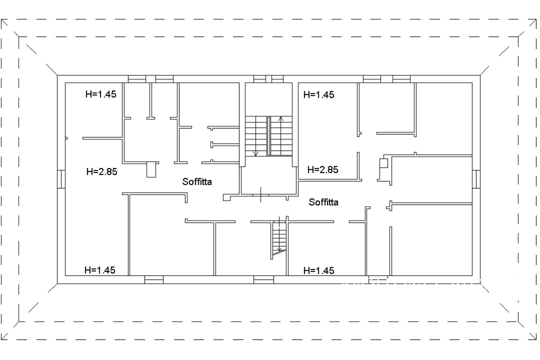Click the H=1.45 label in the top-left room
[x=101, y=94]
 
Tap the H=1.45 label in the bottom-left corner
[x=100, y=270]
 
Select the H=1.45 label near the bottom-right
[x=319, y=270]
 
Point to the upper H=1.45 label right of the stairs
[x=319, y=95]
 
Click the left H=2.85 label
[x=102, y=172]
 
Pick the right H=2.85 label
[x=323, y=170]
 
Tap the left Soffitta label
[x=197, y=182]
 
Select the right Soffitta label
[x=324, y=202]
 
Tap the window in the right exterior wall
[x=476, y=179]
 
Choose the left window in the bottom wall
[x=154, y=280]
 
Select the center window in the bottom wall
[x=264, y=280]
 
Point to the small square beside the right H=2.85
[x=384, y=163]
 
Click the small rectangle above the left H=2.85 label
[x=151, y=170]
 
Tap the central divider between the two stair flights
[x=269, y=136]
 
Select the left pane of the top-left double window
[x=137, y=79]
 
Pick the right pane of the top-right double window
[x=401, y=79]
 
